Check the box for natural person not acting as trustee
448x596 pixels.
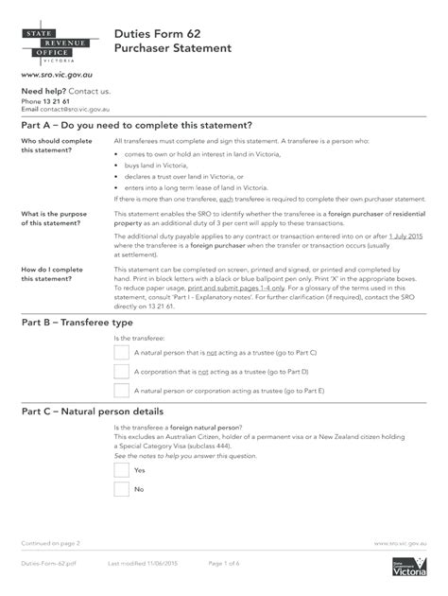tap(121, 352)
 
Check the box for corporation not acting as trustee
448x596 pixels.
tap(121, 371)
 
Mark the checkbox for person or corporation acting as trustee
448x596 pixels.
tap(121, 390)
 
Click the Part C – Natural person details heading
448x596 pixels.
tap(112, 412)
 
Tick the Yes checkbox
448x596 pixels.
tap(121, 470)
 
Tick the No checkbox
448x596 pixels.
tap(121, 489)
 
